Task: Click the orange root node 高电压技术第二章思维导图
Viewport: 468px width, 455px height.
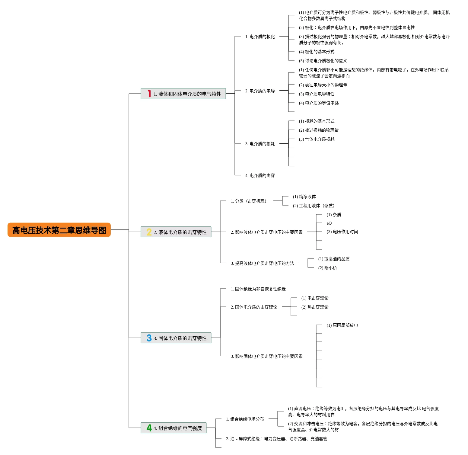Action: tap(59, 230)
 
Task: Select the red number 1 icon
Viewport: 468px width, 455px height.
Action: tap(149, 94)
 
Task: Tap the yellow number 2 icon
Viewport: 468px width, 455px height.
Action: tap(149, 232)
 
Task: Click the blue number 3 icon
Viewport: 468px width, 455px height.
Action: tap(149, 338)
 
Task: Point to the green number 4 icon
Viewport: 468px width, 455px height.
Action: tap(149, 428)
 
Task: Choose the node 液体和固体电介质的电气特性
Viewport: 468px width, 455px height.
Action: tap(187, 94)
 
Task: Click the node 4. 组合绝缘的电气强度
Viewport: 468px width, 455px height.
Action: tap(177, 428)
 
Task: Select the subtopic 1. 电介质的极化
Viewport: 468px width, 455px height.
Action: tap(260, 37)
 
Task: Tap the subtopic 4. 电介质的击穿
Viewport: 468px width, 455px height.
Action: tap(260, 175)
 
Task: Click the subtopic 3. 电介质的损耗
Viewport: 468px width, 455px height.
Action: tap(260, 144)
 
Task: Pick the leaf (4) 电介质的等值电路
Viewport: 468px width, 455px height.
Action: tap(319, 103)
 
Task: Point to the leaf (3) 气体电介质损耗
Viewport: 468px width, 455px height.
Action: tap(317, 139)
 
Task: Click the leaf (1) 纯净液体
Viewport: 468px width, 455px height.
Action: tap(304, 197)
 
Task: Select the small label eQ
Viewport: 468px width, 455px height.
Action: tap(329, 223)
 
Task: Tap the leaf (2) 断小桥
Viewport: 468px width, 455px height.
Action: tap(327, 268)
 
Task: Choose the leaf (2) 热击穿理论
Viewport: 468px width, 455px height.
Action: tap(315, 307)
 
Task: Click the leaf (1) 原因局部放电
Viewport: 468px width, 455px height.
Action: tap(342, 325)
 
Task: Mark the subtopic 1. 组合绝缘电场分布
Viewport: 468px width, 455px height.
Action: tap(245, 419)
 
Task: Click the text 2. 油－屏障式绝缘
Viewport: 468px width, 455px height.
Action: tap(276, 439)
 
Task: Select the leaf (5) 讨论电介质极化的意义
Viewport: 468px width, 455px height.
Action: tap(323, 61)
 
